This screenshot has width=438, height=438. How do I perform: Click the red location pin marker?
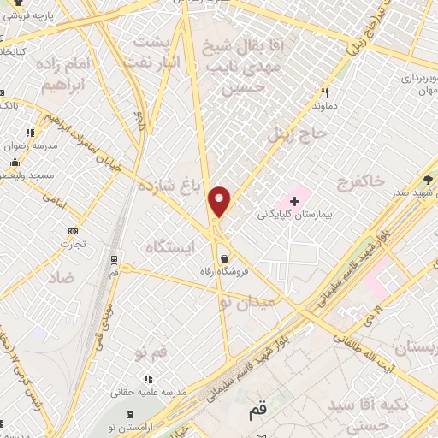coord(220,202)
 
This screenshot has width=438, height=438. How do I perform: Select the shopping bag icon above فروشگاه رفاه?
coord(223,258)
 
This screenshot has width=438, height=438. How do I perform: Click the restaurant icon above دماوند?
coord(324,92)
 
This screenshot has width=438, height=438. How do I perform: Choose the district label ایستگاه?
coord(171,246)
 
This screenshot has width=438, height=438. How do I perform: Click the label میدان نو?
coord(247,302)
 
